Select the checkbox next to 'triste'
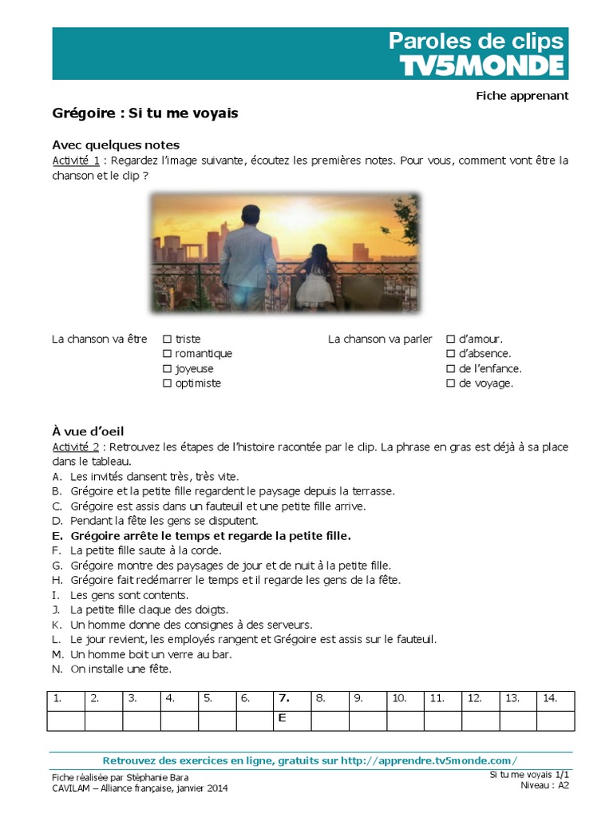click(x=168, y=340)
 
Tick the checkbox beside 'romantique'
click(x=168, y=354)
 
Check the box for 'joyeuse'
click(x=168, y=369)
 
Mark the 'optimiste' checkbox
click(x=168, y=383)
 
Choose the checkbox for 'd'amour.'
click(x=450, y=340)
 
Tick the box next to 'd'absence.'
click(x=450, y=354)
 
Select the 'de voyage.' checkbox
click(x=450, y=383)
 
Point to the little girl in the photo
click(x=315, y=280)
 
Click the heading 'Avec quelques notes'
click(x=116, y=145)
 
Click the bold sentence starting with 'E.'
click(x=211, y=535)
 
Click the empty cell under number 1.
click(x=65, y=720)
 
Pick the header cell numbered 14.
click(x=556, y=698)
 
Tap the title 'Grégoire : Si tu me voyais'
click(x=144, y=113)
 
